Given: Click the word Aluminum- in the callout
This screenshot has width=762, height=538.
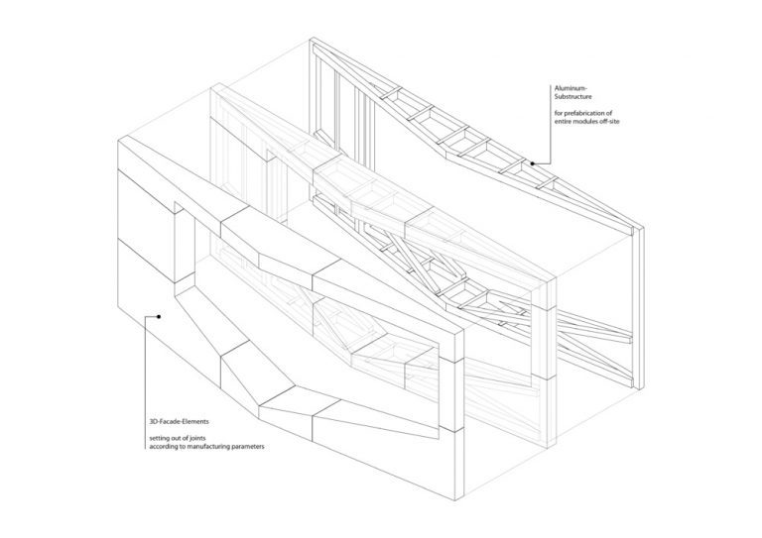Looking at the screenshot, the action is coord(571,88).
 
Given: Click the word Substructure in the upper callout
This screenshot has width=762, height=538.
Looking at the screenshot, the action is coord(573,96).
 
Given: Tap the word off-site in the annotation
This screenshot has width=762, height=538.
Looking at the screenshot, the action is coord(609,121).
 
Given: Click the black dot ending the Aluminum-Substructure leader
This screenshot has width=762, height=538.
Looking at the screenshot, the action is coord(533,163).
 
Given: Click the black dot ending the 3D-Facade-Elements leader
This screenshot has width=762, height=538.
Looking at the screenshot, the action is coord(159,316).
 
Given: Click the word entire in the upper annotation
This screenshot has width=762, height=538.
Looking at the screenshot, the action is coord(564,121).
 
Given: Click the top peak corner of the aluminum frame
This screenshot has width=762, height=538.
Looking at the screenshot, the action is coord(311,38).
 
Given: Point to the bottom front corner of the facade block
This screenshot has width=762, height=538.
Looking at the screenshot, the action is coord(455,500).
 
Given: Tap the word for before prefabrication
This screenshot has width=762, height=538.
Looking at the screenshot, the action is coord(559,113).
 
